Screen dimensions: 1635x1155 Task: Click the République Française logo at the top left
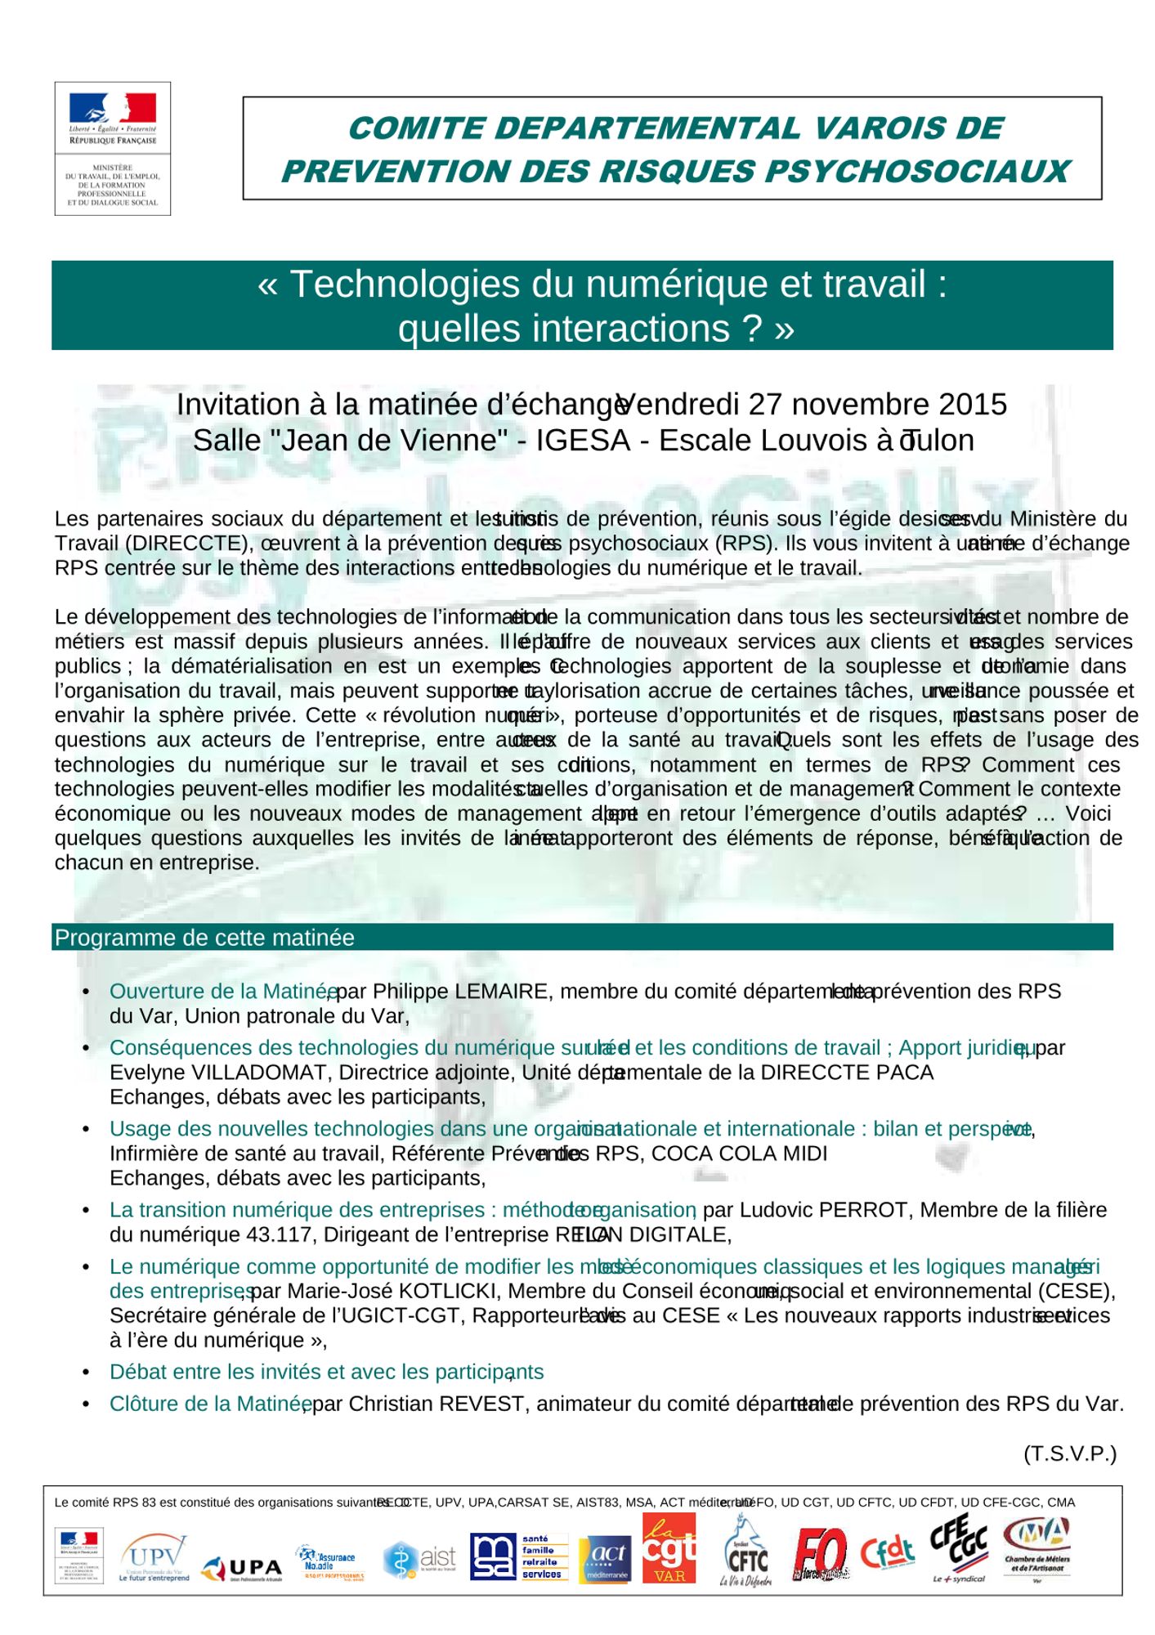pyautogui.click(x=113, y=148)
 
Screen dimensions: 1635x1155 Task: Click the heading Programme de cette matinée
pyautogui.click(x=204, y=938)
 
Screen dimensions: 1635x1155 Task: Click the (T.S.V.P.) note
pyautogui.click(x=1069, y=1454)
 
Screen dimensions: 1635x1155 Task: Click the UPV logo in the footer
pyautogui.click(x=154, y=1557)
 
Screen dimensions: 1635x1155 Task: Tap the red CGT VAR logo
pyautogui.click(x=669, y=1548)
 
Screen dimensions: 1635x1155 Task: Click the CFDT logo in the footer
pyautogui.click(x=887, y=1553)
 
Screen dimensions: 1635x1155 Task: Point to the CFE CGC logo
pyautogui.click(x=958, y=1548)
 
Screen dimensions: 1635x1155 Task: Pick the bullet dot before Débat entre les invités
pyautogui.click(x=86, y=1372)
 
